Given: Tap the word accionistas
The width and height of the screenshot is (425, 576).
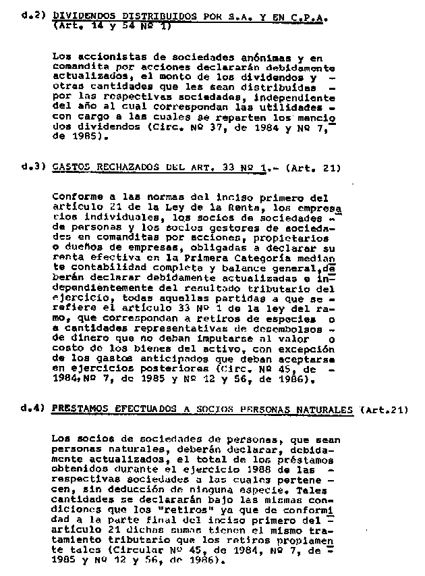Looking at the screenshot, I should click(103, 58).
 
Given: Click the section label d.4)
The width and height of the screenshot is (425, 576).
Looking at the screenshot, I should click(32, 409).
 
